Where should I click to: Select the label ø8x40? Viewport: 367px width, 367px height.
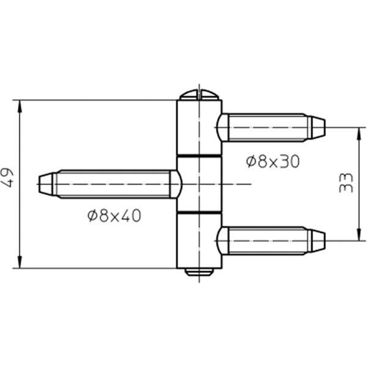tap(114, 215)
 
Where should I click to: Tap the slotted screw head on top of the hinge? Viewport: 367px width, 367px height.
tap(199, 95)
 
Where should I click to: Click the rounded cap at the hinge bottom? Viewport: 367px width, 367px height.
tap(199, 272)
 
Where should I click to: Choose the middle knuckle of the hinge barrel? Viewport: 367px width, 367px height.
tap(199, 184)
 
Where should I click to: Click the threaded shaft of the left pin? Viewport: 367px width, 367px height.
tap(113, 184)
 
